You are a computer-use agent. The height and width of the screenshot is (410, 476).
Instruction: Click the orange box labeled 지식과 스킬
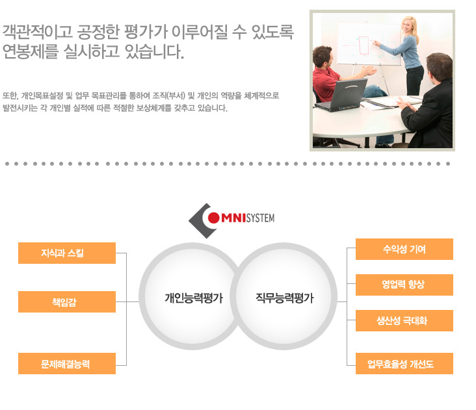pyautogui.click(x=67, y=253)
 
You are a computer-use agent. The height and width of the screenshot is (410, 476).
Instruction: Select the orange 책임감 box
pyautogui.click(x=67, y=301)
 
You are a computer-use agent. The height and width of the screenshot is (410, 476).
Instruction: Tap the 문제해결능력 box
pyautogui.click(x=67, y=363)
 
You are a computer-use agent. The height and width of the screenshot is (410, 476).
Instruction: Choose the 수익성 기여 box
pyautogui.click(x=404, y=249)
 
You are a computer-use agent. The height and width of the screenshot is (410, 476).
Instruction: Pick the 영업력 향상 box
pyautogui.click(x=404, y=285)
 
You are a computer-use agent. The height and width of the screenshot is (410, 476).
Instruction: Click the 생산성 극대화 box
pyautogui.click(x=404, y=320)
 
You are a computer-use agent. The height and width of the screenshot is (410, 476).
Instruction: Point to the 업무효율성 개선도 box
pyautogui.click(x=404, y=363)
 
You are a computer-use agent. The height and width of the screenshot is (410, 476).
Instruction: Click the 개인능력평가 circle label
pyautogui.click(x=194, y=298)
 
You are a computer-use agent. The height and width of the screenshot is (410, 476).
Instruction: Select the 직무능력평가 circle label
pyautogui.click(x=284, y=298)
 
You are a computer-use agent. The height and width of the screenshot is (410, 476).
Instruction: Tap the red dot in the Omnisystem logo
pyautogui.click(x=213, y=218)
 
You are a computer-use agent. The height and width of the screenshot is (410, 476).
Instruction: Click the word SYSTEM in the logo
pyautogui.click(x=260, y=218)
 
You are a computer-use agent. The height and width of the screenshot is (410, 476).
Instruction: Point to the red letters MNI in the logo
pyautogui.click(x=233, y=218)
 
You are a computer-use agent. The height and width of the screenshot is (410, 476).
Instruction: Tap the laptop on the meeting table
pyautogui.click(x=343, y=96)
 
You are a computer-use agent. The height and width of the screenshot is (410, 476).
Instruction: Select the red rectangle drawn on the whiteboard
pyautogui.click(x=364, y=45)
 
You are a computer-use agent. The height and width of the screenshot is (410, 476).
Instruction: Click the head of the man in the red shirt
pyautogui.click(x=323, y=58)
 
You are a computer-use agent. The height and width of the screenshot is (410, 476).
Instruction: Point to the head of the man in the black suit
pyautogui.click(x=439, y=68)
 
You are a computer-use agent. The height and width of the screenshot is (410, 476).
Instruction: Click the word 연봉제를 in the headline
pyautogui.click(x=30, y=51)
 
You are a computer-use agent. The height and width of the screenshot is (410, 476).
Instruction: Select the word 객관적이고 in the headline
pyautogui.click(x=37, y=32)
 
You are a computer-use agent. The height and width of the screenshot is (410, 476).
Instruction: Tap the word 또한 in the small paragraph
pyautogui.click(x=10, y=96)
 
